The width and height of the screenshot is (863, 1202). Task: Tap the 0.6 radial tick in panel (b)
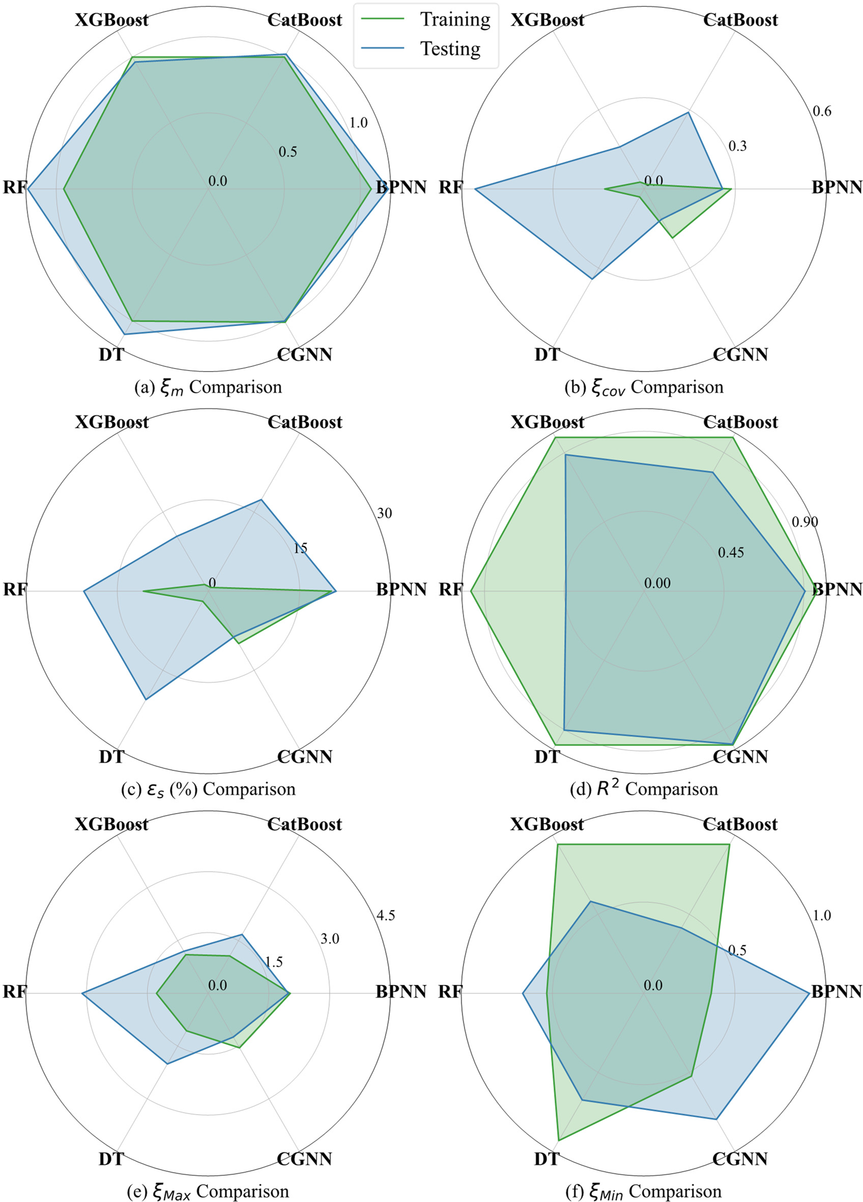click(822, 111)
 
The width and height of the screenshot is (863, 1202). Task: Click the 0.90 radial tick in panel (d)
click(805, 522)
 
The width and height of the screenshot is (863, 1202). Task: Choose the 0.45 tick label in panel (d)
click(731, 553)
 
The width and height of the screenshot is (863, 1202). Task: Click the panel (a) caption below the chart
click(208, 387)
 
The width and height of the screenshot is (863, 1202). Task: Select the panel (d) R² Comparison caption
click(644, 789)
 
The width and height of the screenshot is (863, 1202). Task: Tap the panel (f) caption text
click(644, 1191)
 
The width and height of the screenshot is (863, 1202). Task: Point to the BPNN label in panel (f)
click(837, 992)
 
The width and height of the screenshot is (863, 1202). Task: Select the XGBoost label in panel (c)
click(112, 423)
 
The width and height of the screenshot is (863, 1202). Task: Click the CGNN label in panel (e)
click(305, 1158)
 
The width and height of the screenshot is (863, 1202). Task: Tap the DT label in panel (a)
click(111, 354)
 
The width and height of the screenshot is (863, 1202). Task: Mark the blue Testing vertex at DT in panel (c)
click(145, 700)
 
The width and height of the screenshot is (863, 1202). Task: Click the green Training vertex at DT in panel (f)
click(559, 1140)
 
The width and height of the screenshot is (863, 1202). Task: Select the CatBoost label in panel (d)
click(741, 423)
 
